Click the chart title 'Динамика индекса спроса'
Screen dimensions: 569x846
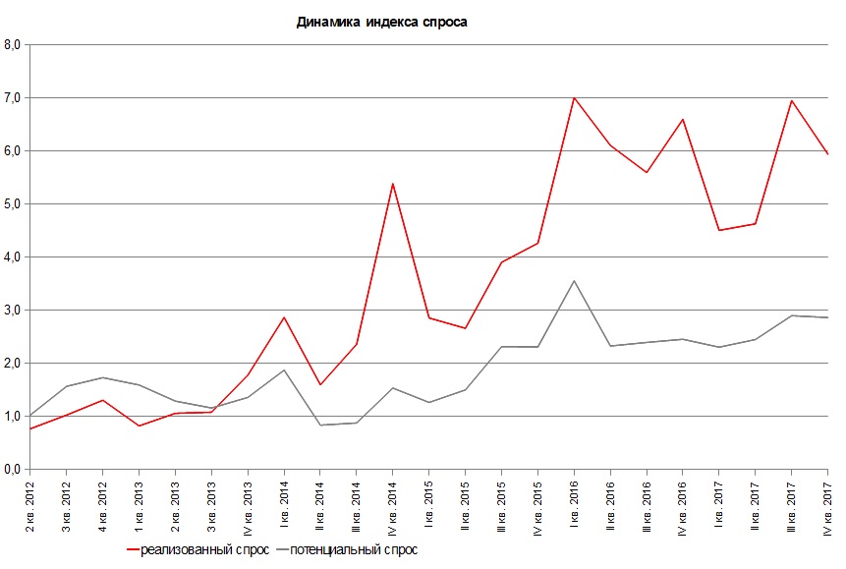382,23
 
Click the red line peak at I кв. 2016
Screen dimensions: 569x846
574,97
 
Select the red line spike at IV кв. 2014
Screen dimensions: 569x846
393,184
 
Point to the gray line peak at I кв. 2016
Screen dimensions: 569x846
574,281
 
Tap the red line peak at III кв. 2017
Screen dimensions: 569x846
791,100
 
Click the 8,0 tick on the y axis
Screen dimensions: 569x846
14,44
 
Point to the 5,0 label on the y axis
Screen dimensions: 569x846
14,203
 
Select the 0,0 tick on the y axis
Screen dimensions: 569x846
14,469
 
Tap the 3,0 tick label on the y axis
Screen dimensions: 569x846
14,310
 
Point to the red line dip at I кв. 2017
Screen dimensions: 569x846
719,230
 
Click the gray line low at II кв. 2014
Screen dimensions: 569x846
320,425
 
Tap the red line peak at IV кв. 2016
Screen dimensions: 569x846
683,119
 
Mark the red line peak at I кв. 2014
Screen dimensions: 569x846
284,317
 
